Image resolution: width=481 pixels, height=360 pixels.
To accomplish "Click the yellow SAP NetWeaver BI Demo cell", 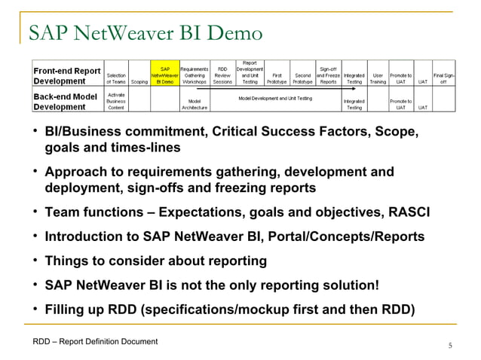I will (164, 75).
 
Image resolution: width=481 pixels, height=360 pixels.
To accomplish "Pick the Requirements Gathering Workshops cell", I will (195, 75).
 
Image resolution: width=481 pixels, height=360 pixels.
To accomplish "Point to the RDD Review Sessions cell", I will (224, 75).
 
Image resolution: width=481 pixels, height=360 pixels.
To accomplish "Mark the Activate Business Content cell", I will (116, 102).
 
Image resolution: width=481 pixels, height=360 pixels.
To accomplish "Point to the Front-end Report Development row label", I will (67, 75).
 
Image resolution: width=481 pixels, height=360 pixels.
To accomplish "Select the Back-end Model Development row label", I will (67, 102).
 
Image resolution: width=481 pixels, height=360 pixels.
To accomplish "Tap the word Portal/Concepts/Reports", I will (346, 237).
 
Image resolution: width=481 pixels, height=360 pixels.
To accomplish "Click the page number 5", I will (450, 346).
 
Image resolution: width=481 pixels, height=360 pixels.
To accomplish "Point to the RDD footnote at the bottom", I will (95, 342).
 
